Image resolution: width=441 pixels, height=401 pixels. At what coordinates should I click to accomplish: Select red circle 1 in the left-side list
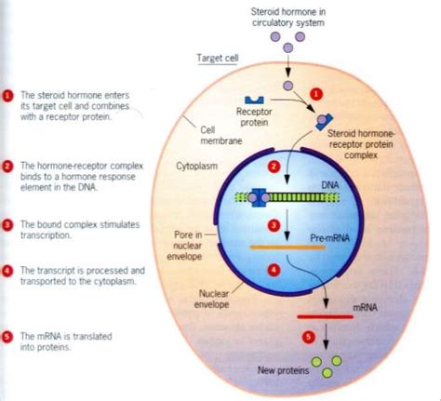(x=8, y=94)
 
